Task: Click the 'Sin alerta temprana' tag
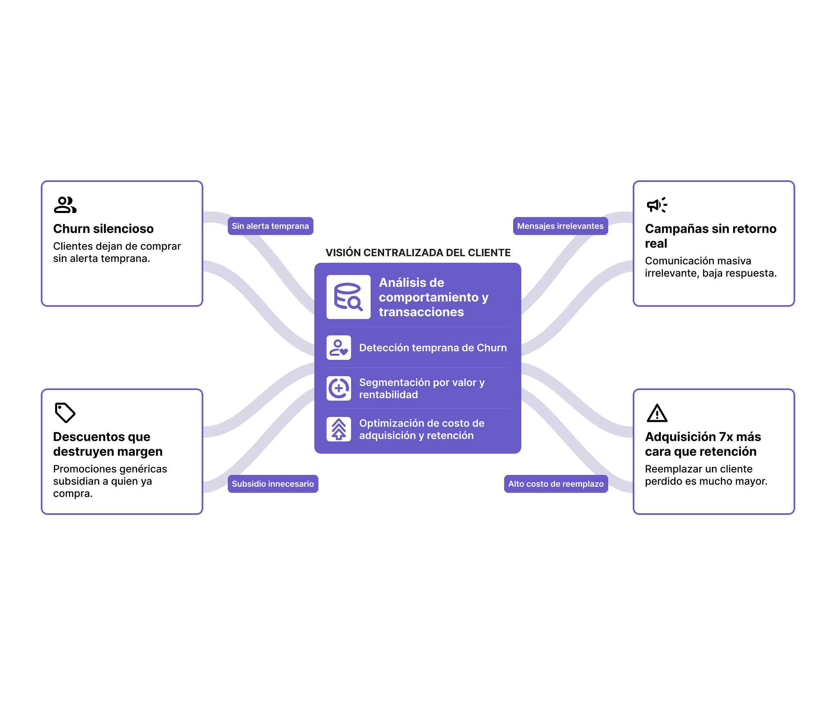pyautogui.click(x=270, y=226)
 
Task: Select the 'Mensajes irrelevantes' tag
pyautogui.click(x=560, y=226)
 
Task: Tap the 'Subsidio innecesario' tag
pyautogui.click(x=273, y=484)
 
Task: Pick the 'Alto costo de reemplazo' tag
pyautogui.click(x=556, y=484)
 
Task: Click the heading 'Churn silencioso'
pyautogui.click(x=103, y=229)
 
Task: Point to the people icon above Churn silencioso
pyautogui.click(x=65, y=205)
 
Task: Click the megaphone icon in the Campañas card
pyautogui.click(x=657, y=205)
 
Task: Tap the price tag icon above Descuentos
pyautogui.click(x=65, y=413)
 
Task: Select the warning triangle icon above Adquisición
pyautogui.click(x=657, y=413)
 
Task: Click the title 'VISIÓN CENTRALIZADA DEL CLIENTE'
pyautogui.click(x=418, y=253)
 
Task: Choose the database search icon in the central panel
pyautogui.click(x=348, y=297)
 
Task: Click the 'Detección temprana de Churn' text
pyautogui.click(x=433, y=348)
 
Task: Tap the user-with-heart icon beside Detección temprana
pyautogui.click(x=338, y=348)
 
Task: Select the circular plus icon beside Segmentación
pyautogui.click(x=338, y=388)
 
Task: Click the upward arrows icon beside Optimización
pyautogui.click(x=338, y=429)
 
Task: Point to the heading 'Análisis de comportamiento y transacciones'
pyautogui.click(x=434, y=297)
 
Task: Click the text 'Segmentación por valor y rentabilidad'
pyautogui.click(x=422, y=388)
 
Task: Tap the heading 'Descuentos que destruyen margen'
pyautogui.click(x=108, y=444)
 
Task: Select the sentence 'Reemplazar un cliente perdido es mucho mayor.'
pyautogui.click(x=706, y=475)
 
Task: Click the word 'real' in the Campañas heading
pyautogui.click(x=656, y=244)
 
